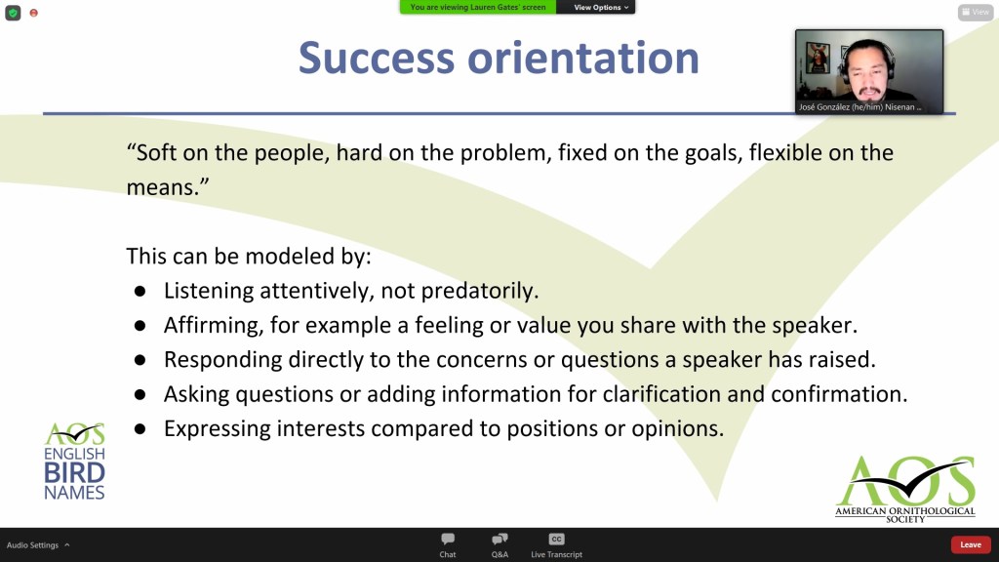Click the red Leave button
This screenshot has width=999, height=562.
click(971, 544)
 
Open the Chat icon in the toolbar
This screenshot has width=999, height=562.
click(448, 539)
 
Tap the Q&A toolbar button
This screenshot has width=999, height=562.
click(499, 539)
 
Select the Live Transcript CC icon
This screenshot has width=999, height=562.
click(556, 539)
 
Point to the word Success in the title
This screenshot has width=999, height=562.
click(376, 58)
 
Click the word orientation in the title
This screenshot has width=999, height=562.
click(583, 58)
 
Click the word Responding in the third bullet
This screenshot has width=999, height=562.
click(222, 360)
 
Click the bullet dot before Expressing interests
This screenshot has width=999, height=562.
click(140, 429)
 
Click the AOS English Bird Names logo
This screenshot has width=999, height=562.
click(74, 461)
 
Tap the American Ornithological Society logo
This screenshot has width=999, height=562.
click(905, 489)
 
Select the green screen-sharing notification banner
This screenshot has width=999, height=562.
click(478, 7)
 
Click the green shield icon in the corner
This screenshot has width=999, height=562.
click(13, 13)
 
